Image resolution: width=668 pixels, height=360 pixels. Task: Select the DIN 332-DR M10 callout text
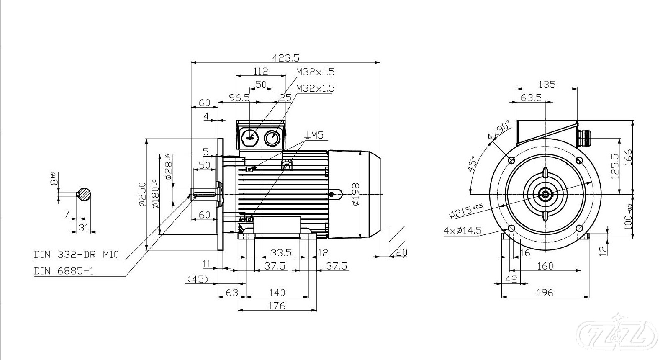76,254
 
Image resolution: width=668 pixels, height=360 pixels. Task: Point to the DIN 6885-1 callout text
64,271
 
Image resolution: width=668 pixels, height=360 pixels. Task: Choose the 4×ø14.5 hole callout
462,231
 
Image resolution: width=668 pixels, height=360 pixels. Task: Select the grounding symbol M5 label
315,135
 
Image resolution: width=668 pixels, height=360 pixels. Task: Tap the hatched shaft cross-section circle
85,194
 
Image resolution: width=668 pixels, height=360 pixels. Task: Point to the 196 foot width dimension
545,293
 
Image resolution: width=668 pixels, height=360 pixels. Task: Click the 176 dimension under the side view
277,306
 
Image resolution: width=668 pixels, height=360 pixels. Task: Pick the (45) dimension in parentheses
198,279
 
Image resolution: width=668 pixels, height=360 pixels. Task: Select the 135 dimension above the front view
547,85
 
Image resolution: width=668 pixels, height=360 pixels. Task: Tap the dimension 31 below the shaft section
84,227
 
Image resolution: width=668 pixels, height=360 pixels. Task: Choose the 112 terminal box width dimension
261,72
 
